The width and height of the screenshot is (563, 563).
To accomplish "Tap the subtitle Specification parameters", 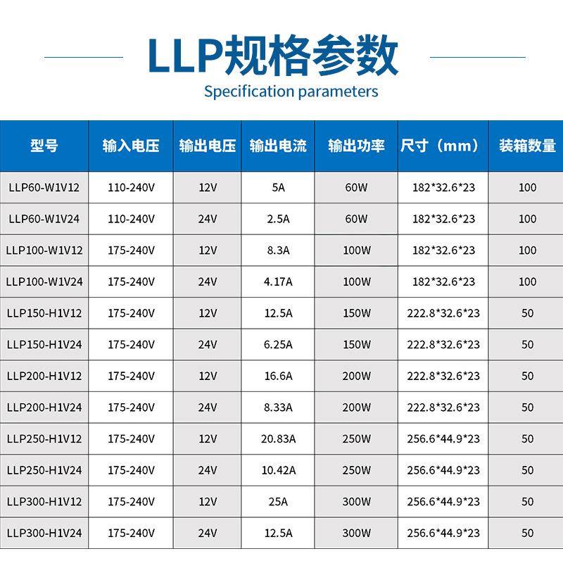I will (x=291, y=91).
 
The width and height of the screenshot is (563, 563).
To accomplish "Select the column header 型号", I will (x=44, y=146).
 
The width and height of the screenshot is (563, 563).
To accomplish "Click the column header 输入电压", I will (x=131, y=146).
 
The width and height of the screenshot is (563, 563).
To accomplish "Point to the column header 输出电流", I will (x=278, y=146).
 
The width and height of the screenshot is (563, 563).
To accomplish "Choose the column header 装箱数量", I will (x=527, y=146).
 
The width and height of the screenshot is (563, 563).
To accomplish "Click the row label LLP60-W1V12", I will (x=44, y=188).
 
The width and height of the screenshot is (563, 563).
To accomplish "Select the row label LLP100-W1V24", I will (x=44, y=281).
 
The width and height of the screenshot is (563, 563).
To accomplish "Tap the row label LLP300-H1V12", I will (x=44, y=502).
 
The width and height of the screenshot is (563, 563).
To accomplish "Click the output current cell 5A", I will (x=278, y=188).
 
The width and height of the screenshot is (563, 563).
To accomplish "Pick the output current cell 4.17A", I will (x=278, y=281).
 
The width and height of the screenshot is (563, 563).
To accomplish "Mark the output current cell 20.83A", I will (x=278, y=438).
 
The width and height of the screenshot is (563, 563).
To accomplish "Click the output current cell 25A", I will (x=278, y=502).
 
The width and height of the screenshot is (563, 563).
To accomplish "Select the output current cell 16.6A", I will (x=278, y=376).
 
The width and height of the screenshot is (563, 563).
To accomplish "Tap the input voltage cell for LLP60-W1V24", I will (x=131, y=219).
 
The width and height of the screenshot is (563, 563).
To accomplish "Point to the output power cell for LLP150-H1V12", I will (x=357, y=313).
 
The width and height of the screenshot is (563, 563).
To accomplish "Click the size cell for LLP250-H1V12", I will (x=443, y=438).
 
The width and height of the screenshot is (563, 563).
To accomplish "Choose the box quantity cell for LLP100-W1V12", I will (x=527, y=251).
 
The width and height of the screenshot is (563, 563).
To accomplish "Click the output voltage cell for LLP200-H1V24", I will (x=208, y=407).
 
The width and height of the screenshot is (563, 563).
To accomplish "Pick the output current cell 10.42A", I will (x=278, y=470).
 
